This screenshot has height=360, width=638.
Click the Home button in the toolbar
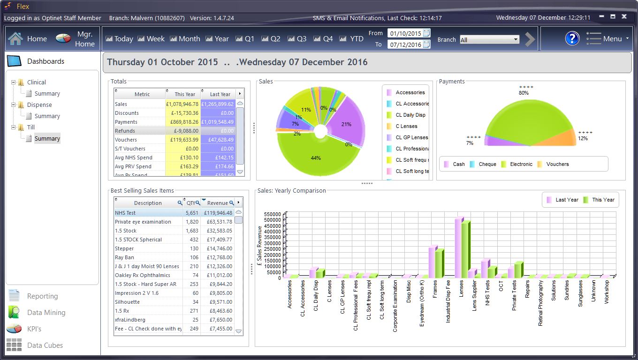coord(28,39)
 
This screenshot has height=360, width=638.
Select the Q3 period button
coord(297,39)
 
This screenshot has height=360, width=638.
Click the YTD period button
coord(351,39)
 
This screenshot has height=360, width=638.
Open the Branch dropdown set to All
coord(489,40)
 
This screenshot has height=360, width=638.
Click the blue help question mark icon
coord(572,38)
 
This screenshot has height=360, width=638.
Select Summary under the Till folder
coord(47,139)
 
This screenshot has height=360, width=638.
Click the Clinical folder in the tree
coord(36,82)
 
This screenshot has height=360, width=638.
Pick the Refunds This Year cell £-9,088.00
coord(183,131)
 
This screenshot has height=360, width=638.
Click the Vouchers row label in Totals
coord(126,140)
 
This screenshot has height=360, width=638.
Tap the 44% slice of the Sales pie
coord(316,158)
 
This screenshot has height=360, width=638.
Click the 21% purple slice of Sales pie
coord(346,124)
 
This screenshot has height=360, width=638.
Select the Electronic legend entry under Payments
coord(521,164)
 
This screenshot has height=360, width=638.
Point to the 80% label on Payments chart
coord(524,93)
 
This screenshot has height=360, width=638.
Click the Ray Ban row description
coord(124,257)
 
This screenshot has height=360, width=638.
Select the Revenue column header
coord(217,203)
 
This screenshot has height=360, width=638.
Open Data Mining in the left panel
coord(46,313)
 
